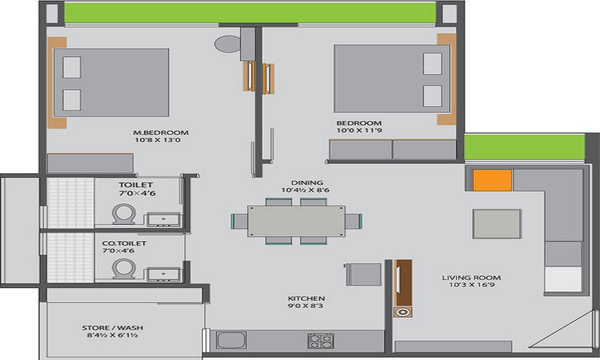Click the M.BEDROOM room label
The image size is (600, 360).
pyautogui.click(x=161, y=133)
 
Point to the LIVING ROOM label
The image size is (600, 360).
pyautogui.click(x=471, y=278)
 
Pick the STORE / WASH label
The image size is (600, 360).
pyautogui.click(x=113, y=328)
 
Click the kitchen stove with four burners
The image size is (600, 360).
pyautogui.click(x=321, y=341)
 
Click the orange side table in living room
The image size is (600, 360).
pyautogui.click(x=492, y=181)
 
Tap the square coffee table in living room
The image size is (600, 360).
pyautogui.click(x=497, y=224)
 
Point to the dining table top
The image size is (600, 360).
pyautogui.click(x=296, y=221)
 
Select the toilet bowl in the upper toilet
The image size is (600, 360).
pyautogui.click(x=124, y=214)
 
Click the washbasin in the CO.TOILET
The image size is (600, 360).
pyautogui.click(x=163, y=275)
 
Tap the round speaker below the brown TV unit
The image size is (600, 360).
pyautogui.click(x=402, y=312)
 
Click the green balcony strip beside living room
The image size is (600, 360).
pyautogui.click(x=524, y=147)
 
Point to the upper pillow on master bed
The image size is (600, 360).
pyautogui.click(x=71, y=67)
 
